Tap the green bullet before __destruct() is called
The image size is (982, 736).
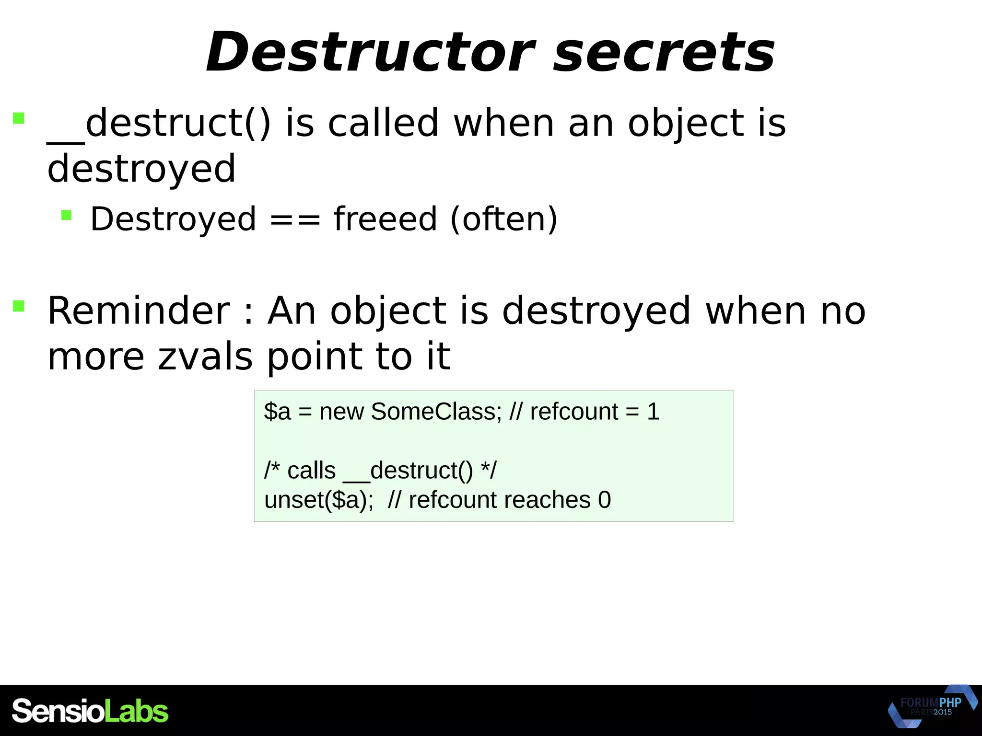(19, 118)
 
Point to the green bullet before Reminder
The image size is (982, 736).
(19, 306)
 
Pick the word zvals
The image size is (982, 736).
(205, 356)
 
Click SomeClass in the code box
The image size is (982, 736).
(436, 411)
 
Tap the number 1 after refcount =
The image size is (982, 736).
(653, 411)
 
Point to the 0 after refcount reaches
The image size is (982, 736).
(604, 500)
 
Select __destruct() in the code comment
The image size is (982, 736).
(408, 471)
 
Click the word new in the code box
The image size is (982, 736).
(341, 411)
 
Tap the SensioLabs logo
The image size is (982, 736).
(90, 711)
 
